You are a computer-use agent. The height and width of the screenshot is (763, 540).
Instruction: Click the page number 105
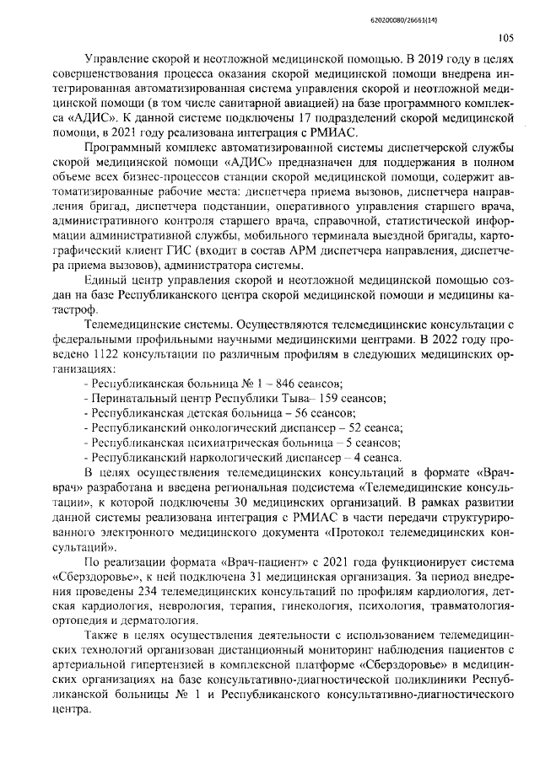[506, 37]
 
